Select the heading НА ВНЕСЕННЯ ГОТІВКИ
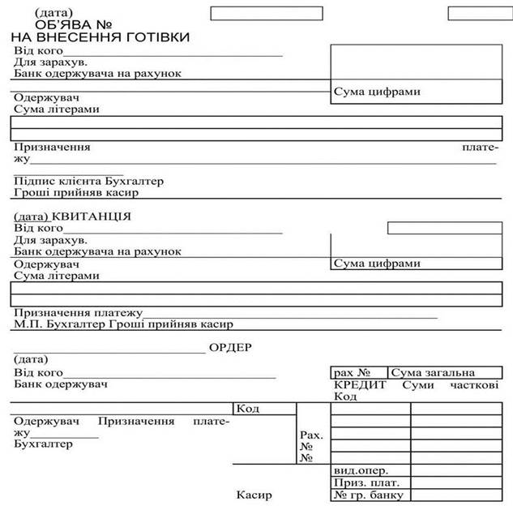(x=101, y=37)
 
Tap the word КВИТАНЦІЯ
(x=91, y=217)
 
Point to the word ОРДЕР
(x=231, y=347)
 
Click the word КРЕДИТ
(x=360, y=384)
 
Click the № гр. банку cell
(x=368, y=495)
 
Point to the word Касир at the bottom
(x=254, y=495)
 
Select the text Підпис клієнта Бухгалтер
(x=88, y=181)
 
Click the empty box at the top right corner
(x=480, y=13)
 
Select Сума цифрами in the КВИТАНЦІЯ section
(x=377, y=264)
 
